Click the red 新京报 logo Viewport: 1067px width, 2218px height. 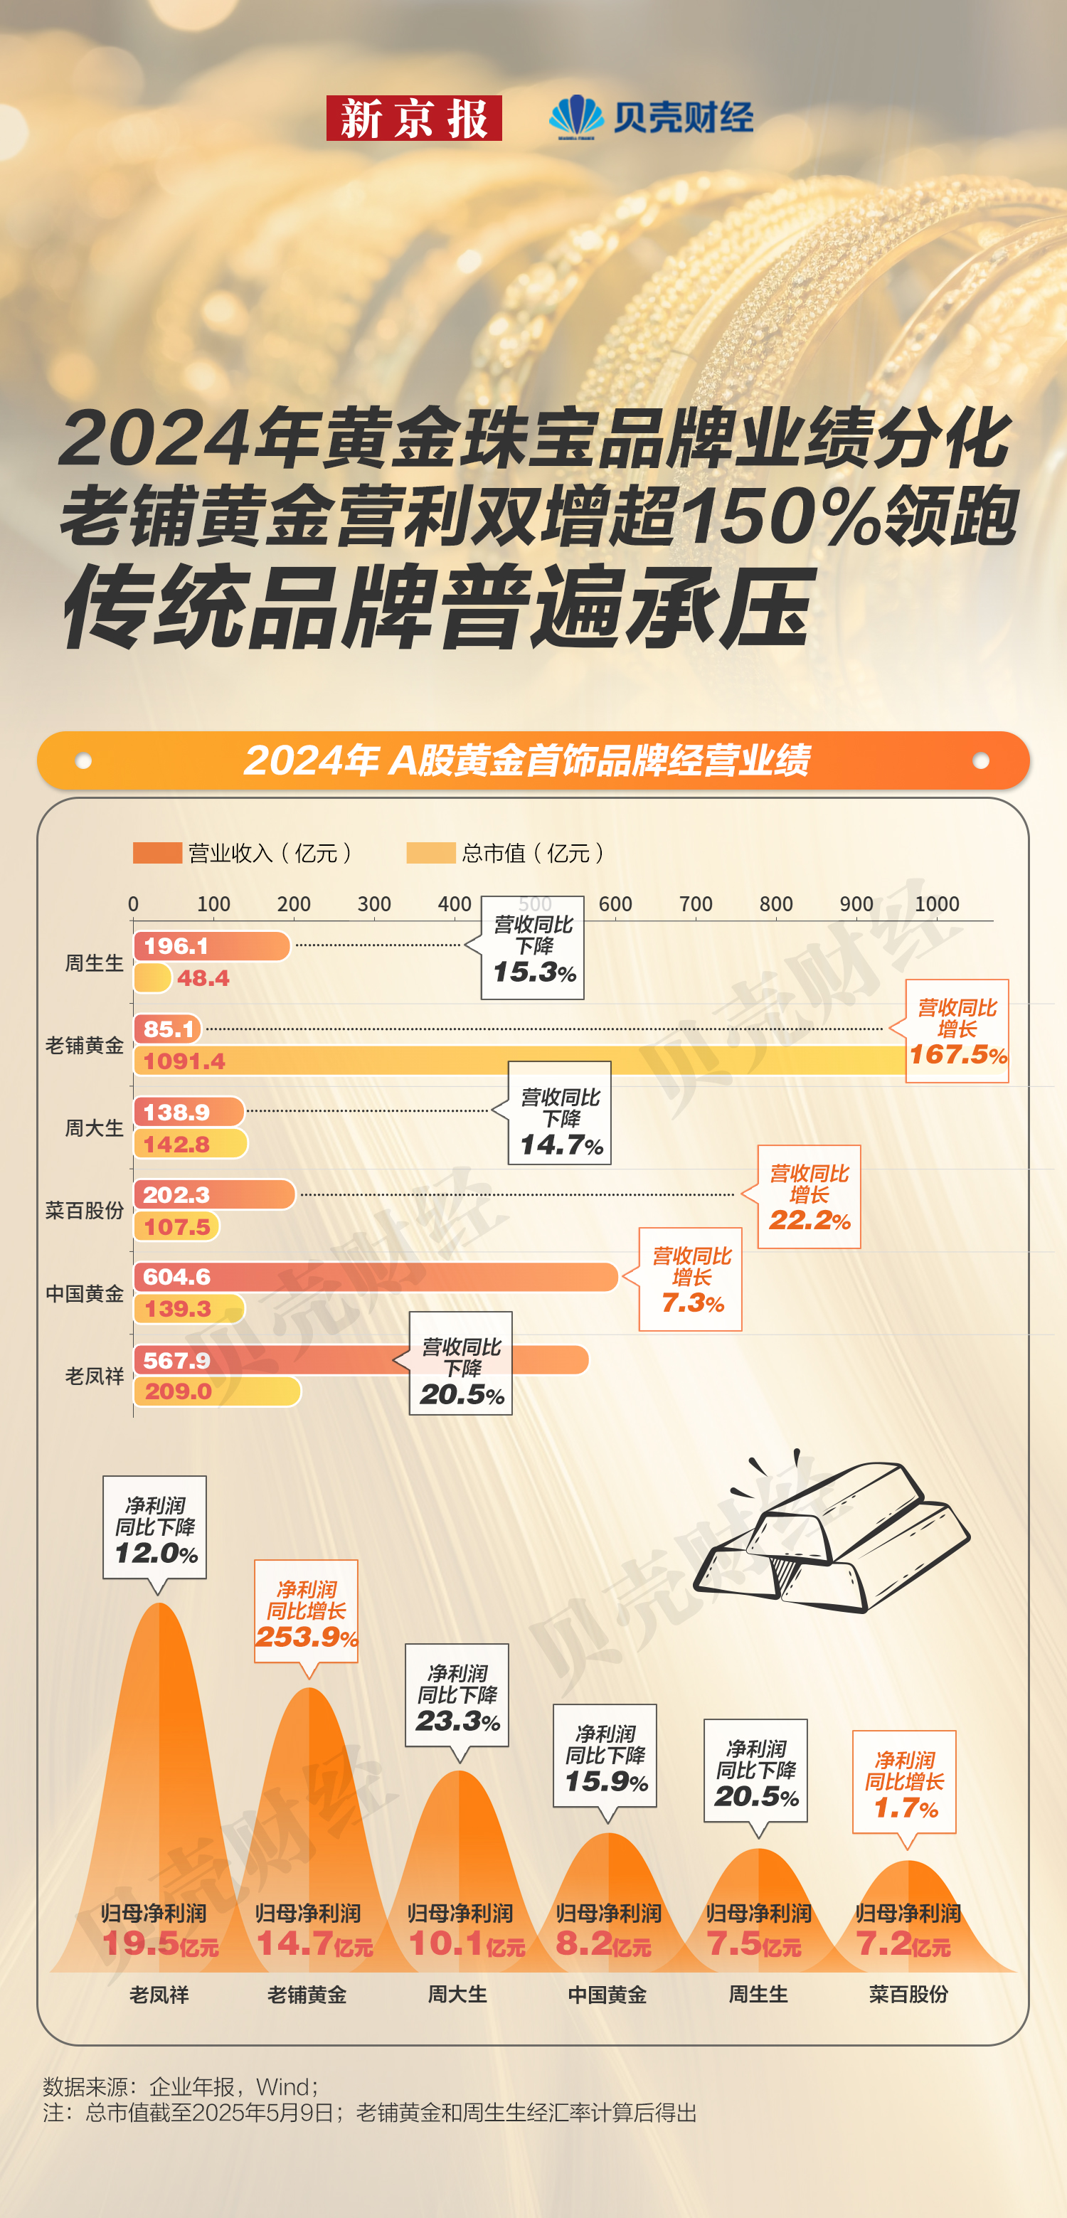pos(413,118)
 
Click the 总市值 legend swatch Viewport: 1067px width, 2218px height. pos(430,852)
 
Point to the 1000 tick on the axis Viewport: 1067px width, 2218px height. pos(936,904)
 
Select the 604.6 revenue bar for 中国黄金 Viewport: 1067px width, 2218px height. pos(376,1277)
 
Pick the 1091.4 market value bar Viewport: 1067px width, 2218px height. pos(516,1061)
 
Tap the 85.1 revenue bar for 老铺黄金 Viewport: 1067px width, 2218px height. pos(168,1029)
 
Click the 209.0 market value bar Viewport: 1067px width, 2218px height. pos(216,1391)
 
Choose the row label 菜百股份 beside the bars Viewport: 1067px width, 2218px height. pos(85,1211)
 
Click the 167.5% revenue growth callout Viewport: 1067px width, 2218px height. pos(957,1031)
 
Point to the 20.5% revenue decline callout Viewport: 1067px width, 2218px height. pos(461,1363)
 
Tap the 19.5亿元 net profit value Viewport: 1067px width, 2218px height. pos(159,1943)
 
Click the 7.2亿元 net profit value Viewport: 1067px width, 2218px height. pos(903,1943)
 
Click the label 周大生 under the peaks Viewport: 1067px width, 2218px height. pos(457,1994)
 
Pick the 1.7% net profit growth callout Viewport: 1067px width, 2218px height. pos(904,1783)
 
